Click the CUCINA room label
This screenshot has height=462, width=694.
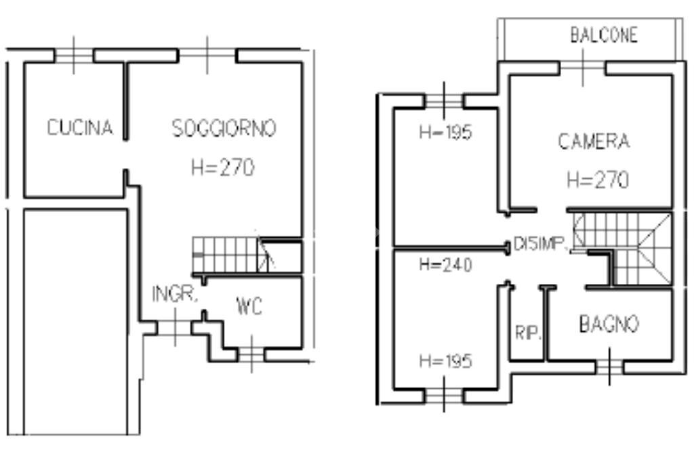[x=80, y=128]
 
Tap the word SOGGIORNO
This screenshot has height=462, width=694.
[x=224, y=128]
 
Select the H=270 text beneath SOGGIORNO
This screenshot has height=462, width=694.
[x=223, y=167]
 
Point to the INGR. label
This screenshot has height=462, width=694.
[x=175, y=294]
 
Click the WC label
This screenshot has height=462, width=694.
[x=249, y=307]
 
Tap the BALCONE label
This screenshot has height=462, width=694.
[x=603, y=36]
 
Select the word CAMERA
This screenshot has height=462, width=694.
[x=594, y=142]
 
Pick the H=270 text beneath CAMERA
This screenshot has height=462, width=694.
[x=597, y=180]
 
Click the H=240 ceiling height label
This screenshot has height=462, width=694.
[x=445, y=265]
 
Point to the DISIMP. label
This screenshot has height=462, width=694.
[x=540, y=245]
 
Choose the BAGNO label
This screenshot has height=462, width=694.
[x=608, y=325]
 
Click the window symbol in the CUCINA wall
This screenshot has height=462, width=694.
[x=74, y=56]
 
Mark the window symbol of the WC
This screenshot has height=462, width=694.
[x=251, y=354]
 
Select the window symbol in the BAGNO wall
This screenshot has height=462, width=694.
[x=609, y=367]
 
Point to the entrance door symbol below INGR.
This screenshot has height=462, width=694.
[x=175, y=328]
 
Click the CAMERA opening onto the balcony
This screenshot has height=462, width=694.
[x=582, y=68]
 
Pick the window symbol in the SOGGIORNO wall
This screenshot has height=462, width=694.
[x=207, y=54]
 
